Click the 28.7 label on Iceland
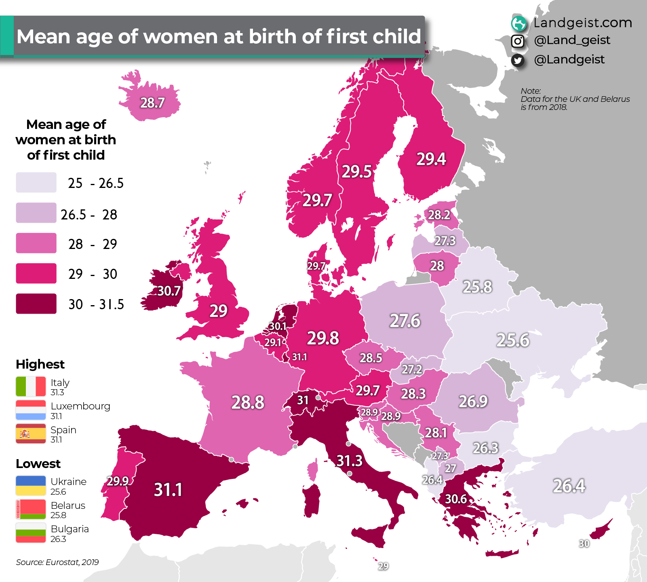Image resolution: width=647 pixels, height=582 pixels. (x=152, y=103)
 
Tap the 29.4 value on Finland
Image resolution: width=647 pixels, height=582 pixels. (x=431, y=159)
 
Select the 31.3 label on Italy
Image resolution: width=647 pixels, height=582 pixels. (x=350, y=461)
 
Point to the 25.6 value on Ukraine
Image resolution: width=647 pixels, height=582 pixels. (x=513, y=340)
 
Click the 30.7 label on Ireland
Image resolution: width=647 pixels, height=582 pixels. (x=169, y=291)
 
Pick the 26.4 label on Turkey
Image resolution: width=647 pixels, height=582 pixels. (x=569, y=486)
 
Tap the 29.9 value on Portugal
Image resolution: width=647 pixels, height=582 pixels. (x=118, y=481)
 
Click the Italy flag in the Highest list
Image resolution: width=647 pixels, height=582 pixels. (x=31, y=386)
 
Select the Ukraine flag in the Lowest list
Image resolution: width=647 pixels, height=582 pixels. (x=31, y=485)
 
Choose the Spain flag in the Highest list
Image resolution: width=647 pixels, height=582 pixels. (x=31, y=434)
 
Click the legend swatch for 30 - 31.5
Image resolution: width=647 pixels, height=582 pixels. (x=36, y=304)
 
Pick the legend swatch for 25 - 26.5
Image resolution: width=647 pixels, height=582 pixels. (x=36, y=182)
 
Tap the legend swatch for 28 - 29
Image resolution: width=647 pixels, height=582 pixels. (x=36, y=243)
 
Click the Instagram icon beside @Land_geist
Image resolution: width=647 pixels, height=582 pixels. (x=518, y=41)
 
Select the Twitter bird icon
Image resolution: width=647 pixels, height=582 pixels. (x=518, y=60)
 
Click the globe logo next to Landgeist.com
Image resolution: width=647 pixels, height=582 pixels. (x=518, y=23)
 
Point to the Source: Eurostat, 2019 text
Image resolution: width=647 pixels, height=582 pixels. (x=57, y=562)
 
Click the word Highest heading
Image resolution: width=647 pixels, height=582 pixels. (x=40, y=364)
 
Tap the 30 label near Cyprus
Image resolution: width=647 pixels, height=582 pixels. (x=584, y=544)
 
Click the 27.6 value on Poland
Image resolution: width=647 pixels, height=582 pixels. (x=405, y=321)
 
